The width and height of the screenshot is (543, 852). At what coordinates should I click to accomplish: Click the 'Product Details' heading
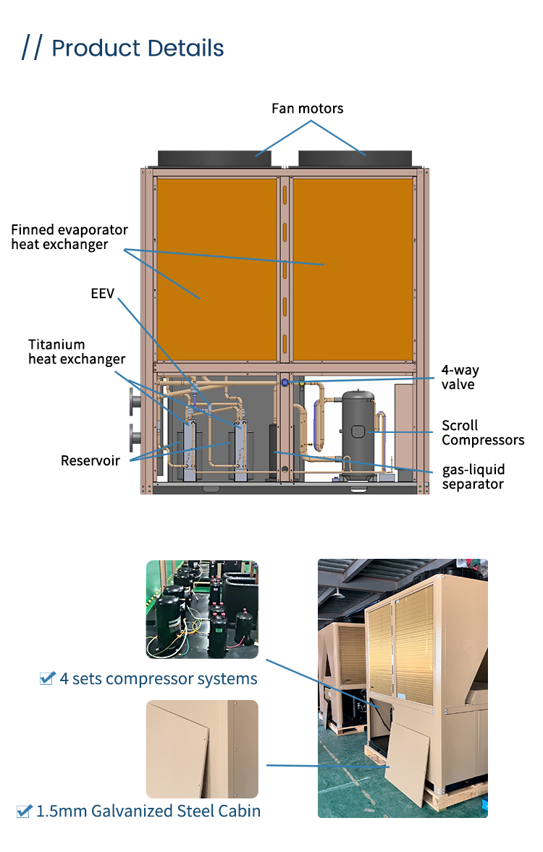click(x=138, y=48)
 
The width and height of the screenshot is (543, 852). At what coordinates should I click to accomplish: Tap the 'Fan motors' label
click(x=307, y=109)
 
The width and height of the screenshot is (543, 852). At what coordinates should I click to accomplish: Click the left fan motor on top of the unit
click(x=216, y=158)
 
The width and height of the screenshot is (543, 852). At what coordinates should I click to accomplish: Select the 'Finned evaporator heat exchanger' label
click(x=69, y=237)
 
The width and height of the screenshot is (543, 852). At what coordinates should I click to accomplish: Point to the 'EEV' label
click(x=102, y=294)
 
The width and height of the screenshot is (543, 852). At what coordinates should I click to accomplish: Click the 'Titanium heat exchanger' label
click(x=76, y=352)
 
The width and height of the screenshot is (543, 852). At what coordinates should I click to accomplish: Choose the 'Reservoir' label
click(x=90, y=460)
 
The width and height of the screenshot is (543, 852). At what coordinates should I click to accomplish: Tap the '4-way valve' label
click(x=460, y=376)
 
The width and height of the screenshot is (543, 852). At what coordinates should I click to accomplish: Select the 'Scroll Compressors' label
click(x=482, y=432)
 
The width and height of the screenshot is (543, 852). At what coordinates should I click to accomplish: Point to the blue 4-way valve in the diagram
click(x=285, y=381)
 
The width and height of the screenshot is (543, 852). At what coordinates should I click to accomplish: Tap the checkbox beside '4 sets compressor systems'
click(x=48, y=678)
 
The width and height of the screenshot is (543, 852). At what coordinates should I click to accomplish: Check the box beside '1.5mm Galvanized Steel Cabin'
click(x=24, y=810)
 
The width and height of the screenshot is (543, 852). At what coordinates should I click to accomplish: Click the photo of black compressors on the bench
click(x=202, y=609)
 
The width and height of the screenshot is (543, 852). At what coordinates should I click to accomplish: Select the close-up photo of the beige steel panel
click(x=202, y=748)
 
